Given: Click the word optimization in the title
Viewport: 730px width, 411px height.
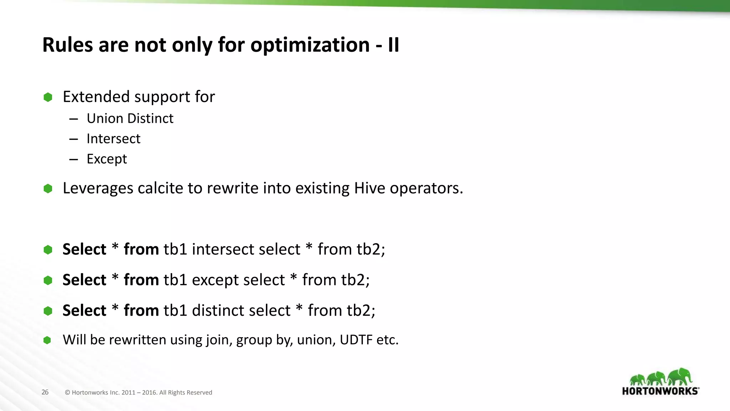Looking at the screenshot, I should (x=310, y=45).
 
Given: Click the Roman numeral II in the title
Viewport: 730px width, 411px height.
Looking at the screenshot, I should (x=393, y=45).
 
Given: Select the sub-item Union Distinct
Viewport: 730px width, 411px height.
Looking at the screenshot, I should (x=130, y=118).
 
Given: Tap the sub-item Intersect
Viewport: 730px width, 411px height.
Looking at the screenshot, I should (x=113, y=139).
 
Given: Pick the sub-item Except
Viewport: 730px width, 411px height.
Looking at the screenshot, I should (x=107, y=159).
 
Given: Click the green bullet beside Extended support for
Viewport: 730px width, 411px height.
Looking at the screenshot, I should (x=48, y=97).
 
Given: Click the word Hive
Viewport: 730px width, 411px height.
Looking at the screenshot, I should (x=370, y=188).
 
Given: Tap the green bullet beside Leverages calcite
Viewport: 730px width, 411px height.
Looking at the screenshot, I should (x=48, y=188).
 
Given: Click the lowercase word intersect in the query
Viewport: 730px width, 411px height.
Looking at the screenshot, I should (x=246, y=249).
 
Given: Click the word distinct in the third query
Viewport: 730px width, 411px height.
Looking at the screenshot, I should (x=241, y=310).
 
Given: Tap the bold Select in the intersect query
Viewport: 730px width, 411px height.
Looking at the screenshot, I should (x=84, y=249).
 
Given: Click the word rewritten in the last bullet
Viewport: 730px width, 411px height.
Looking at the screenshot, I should (x=137, y=340).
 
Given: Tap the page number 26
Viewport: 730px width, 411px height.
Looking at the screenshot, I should (x=45, y=392).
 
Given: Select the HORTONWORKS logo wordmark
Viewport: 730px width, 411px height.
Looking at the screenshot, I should (x=660, y=391).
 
